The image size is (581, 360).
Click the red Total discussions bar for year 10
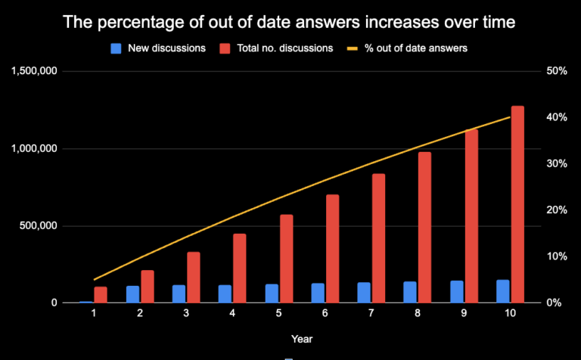pyautogui.click(x=517, y=204)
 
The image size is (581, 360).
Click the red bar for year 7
pyautogui.click(x=378, y=238)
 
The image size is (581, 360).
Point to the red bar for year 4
pyautogui.click(x=240, y=268)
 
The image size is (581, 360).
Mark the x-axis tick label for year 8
pyautogui.click(x=418, y=315)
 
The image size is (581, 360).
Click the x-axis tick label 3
pyautogui.click(x=186, y=315)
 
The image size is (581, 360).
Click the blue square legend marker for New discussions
pyautogui.click(x=116, y=48)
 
